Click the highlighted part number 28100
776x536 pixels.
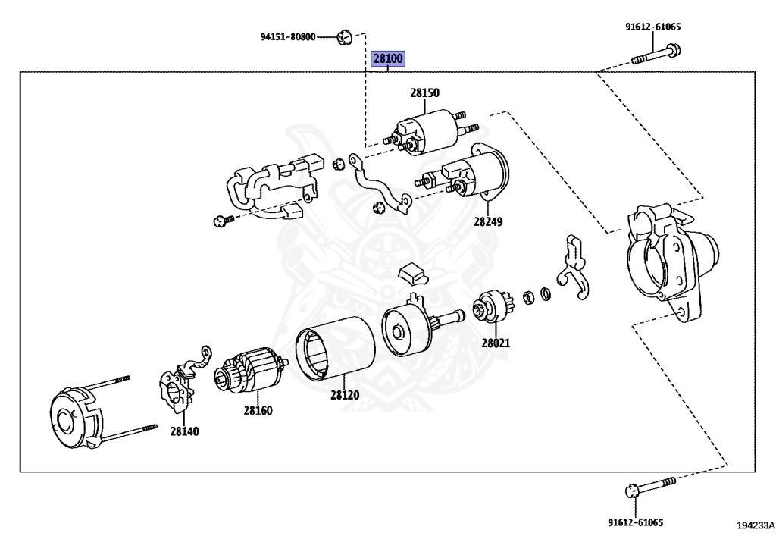pyautogui.click(x=387, y=58)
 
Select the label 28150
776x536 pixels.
pyautogui.click(x=425, y=93)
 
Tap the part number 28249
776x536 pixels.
pyautogui.click(x=488, y=222)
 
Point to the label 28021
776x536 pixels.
pyautogui.click(x=496, y=343)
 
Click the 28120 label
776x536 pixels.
pyautogui.click(x=345, y=395)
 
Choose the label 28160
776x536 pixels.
pyautogui.click(x=258, y=411)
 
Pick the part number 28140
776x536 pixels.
pyautogui.click(x=184, y=431)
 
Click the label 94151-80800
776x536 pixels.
pyautogui.click(x=287, y=36)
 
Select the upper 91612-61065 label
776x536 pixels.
pyautogui.click(x=652, y=27)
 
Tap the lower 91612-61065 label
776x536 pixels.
pyautogui.click(x=635, y=522)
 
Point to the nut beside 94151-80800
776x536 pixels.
pyautogui.click(x=343, y=36)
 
